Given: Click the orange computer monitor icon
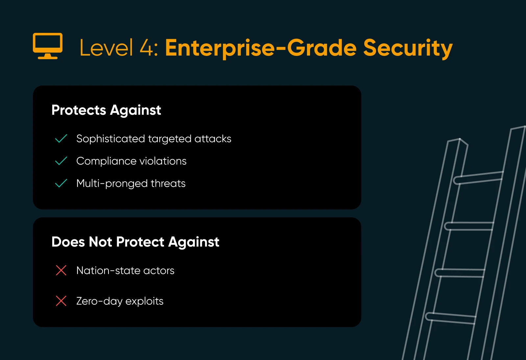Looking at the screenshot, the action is click(x=48, y=46).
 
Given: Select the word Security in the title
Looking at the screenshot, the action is click(x=408, y=49).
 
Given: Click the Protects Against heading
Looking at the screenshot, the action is click(x=106, y=110).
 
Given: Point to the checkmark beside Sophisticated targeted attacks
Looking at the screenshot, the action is click(x=61, y=138).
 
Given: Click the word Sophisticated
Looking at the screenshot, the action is click(x=110, y=139).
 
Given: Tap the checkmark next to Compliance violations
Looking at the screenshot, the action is click(x=61, y=161).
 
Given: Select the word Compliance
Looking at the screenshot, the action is click(x=107, y=161).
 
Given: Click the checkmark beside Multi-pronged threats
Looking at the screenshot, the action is click(x=61, y=183).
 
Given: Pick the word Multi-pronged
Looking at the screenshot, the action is click(x=112, y=184).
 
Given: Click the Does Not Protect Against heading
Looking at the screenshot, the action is click(x=135, y=242).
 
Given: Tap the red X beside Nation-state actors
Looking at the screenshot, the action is click(x=61, y=270).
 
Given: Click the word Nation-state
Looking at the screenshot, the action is click(x=108, y=271).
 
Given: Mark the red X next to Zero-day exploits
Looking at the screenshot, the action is click(x=61, y=301).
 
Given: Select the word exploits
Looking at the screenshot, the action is click(x=144, y=301).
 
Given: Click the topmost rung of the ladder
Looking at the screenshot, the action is click(x=478, y=178).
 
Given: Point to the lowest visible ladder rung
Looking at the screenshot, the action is click(x=451, y=319).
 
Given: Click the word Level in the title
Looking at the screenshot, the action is click(x=107, y=47).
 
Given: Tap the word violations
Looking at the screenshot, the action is click(x=163, y=161).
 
